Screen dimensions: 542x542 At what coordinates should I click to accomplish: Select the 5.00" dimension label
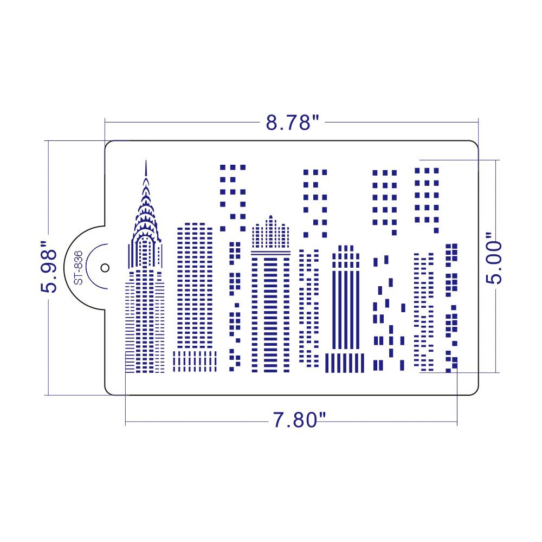[x=494, y=259]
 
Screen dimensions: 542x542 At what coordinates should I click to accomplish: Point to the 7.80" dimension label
[x=299, y=420]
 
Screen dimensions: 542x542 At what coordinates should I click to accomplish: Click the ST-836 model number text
[x=78, y=267]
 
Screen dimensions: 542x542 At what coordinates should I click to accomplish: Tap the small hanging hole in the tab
[x=105, y=267]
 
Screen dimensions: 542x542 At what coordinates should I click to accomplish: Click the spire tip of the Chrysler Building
[x=145, y=162]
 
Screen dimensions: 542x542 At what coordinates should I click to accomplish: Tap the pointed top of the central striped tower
[x=270, y=217]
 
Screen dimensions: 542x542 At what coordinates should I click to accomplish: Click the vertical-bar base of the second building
[x=195, y=360]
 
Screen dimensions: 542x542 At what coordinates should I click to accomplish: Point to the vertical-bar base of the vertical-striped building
[x=345, y=363]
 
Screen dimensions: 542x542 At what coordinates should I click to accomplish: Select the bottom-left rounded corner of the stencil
[x=109, y=390]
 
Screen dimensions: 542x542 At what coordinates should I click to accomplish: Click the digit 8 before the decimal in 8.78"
[x=272, y=123]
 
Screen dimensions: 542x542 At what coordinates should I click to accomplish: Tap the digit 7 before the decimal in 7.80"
[x=279, y=420]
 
